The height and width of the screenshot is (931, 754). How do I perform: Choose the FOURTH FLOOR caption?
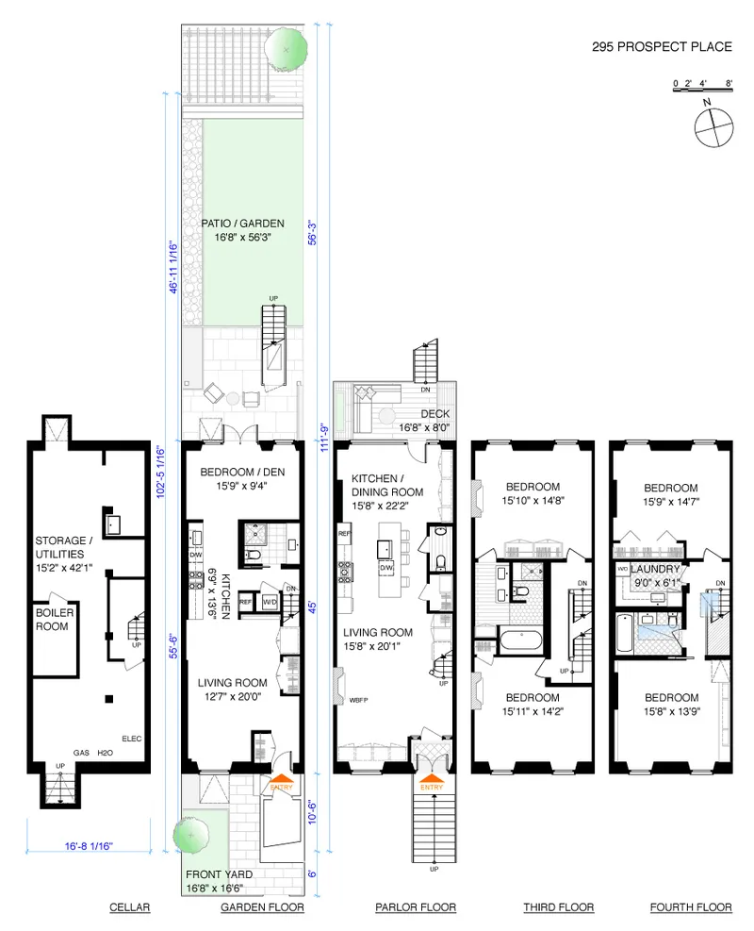click(x=691, y=907)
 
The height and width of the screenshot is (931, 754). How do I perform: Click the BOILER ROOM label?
click(x=56, y=619)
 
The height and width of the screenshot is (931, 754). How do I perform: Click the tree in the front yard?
click(x=192, y=834)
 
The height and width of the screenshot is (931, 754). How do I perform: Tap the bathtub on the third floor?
click(x=519, y=641)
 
